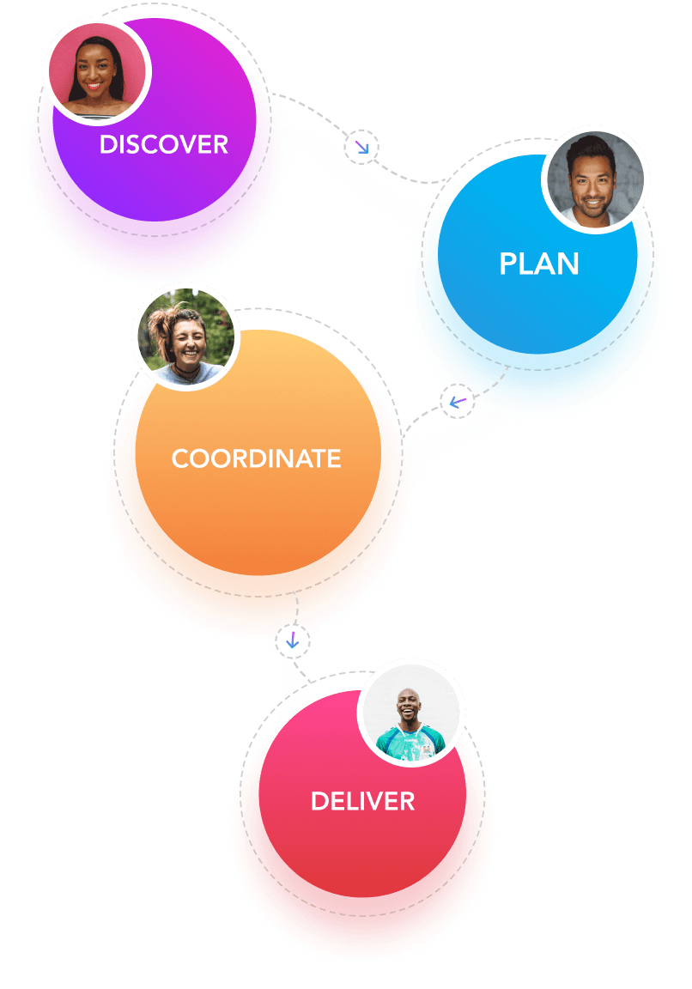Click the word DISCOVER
pos(163,144)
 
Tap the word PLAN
pos(539,264)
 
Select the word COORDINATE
pos(256,458)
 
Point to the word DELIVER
pos(362,802)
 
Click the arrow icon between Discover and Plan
pos(361,148)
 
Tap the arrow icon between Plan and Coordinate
pos(457,401)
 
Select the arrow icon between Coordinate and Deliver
pos(293,640)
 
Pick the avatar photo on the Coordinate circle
pos(185,336)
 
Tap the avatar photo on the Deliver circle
pos(411,713)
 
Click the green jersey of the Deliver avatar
pos(410,740)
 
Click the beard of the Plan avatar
pos(593,203)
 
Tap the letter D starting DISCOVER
pos(107,144)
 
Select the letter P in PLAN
pos(508,264)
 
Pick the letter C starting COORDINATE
pos(179,458)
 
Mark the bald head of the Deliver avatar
pos(407,695)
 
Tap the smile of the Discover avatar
pos(94,88)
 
